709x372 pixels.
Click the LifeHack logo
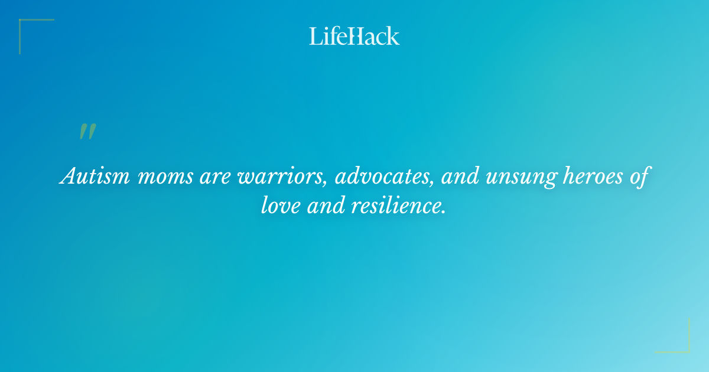click(x=354, y=36)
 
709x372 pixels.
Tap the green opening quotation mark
click(x=87, y=132)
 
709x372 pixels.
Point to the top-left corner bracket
click(x=24, y=24)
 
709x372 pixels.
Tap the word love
click(x=281, y=205)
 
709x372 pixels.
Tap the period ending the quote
click(x=443, y=211)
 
